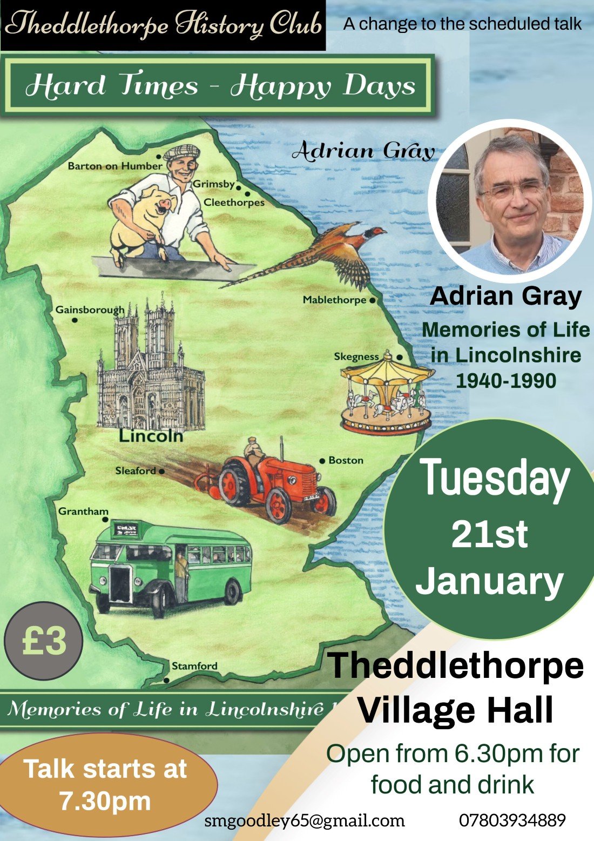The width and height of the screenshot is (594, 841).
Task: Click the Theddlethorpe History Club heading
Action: point(163,25)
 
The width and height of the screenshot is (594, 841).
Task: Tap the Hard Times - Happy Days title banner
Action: point(220,86)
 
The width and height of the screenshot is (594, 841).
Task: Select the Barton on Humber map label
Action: point(114,166)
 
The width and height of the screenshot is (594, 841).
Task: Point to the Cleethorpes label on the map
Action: point(234,203)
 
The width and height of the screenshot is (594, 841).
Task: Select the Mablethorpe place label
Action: point(334,300)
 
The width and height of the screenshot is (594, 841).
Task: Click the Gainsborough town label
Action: point(90,310)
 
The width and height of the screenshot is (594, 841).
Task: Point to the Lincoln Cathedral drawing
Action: point(150,367)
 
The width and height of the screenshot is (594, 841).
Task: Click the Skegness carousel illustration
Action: point(387,394)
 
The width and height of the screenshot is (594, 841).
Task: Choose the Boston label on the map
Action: point(346,460)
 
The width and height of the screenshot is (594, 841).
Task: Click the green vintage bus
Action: point(170,570)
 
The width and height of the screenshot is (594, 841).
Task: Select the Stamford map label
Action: point(194,666)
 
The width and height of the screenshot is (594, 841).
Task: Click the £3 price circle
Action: point(44,641)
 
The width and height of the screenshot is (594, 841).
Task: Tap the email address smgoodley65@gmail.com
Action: point(305,820)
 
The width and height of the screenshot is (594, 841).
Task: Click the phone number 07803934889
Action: point(512,820)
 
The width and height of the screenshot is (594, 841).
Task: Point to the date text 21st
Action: point(489,534)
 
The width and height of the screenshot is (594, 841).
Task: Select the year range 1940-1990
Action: point(506,381)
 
